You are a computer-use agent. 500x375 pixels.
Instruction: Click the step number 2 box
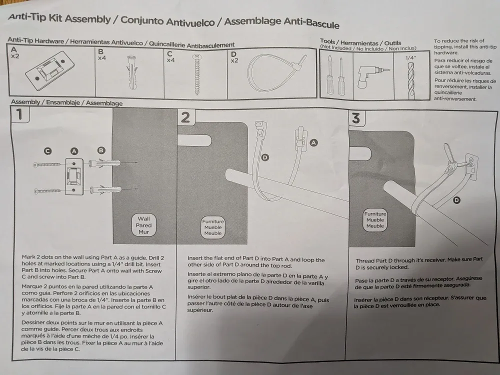pyautogui.click(x=185, y=117)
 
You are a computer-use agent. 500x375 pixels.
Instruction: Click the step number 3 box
pyautogui.click(x=356, y=118)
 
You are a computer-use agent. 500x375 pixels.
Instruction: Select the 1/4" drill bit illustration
pyautogui.click(x=411, y=78)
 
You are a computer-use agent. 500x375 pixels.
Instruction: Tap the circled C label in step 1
pyautogui.click(x=47, y=150)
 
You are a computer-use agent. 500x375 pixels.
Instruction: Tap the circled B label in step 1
pyautogui.click(x=101, y=150)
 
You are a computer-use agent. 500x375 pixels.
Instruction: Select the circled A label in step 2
pyautogui.click(x=314, y=142)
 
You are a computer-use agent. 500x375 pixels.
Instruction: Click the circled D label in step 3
pyautogui.click(x=456, y=200)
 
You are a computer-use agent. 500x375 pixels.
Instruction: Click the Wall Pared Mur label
pyautogui.click(x=143, y=225)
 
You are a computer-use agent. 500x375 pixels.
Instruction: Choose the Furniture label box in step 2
pyautogui.click(x=212, y=227)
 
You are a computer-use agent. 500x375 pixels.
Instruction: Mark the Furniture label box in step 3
pyautogui.click(x=375, y=220)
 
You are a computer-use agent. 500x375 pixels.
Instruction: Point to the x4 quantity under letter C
pyautogui.click(x=170, y=60)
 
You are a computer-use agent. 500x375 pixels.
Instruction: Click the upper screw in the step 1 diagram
pyautogui.click(x=47, y=164)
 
